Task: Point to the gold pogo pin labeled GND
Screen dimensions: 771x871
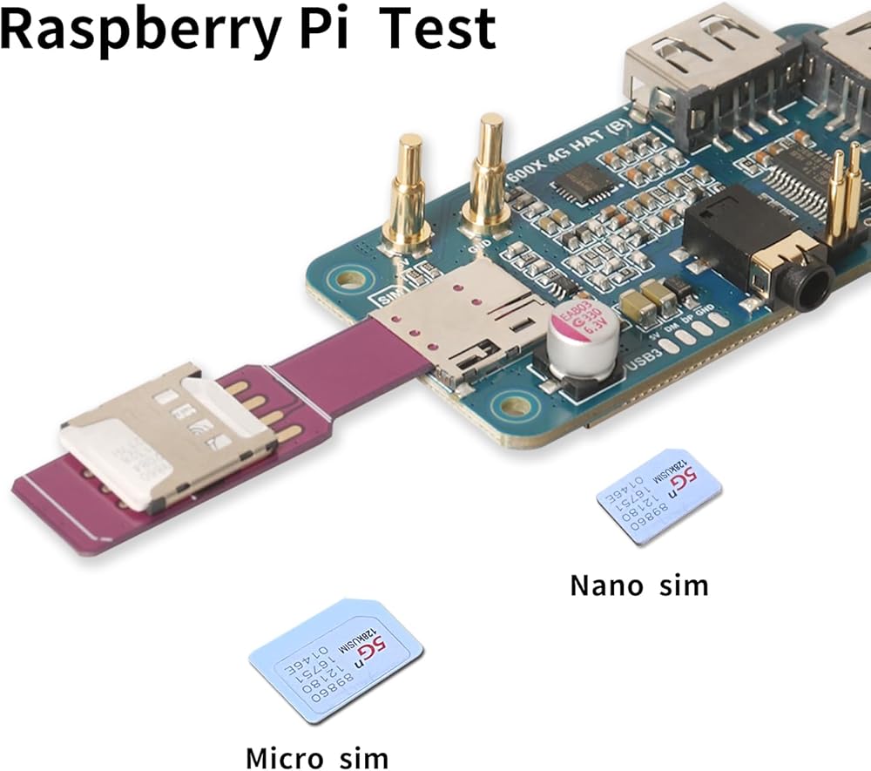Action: pos(488,179)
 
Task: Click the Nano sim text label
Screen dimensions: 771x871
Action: pos(639,585)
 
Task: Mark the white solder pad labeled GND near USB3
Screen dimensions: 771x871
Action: pos(719,319)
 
